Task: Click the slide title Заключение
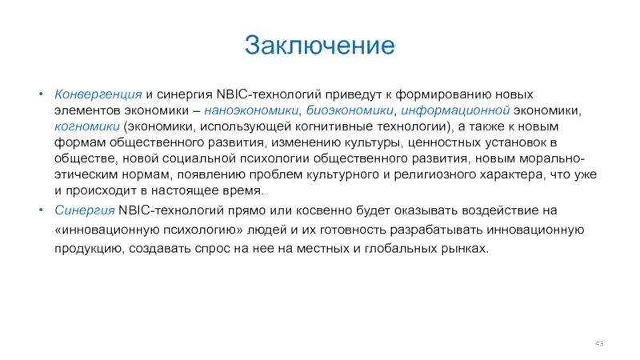pyautogui.click(x=319, y=45)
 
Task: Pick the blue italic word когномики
pyautogui.click(x=87, y=126)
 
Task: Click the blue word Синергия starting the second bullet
pyautogui.click(x=84, y=210)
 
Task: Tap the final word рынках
pyautogui.click(x=464, y=249)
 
